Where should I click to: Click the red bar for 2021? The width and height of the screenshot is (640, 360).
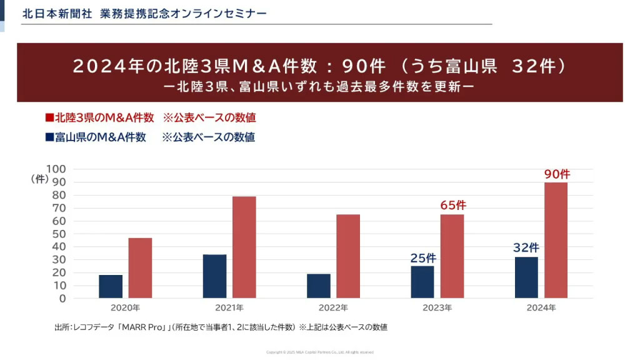click(244, 247)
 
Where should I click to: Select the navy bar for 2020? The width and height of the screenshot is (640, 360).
click(111, 286)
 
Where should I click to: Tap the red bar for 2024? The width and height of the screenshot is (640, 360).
click(556, 240)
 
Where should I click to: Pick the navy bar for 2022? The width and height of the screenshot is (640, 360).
click(319, 286)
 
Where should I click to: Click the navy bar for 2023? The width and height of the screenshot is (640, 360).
click(422, 282)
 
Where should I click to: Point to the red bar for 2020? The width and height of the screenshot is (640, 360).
click(140, 267)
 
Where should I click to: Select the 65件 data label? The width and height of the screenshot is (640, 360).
click(453, 205)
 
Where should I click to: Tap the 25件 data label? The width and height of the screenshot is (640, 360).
click(423, 257)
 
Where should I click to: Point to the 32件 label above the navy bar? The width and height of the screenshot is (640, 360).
click(526, 247)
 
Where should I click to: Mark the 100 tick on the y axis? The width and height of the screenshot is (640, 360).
click(56, 169)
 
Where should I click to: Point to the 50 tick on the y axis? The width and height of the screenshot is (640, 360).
click(59, 234)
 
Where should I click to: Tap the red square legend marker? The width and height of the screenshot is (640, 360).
click(49, 117)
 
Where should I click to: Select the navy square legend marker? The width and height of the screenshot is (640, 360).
click(49, 137)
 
